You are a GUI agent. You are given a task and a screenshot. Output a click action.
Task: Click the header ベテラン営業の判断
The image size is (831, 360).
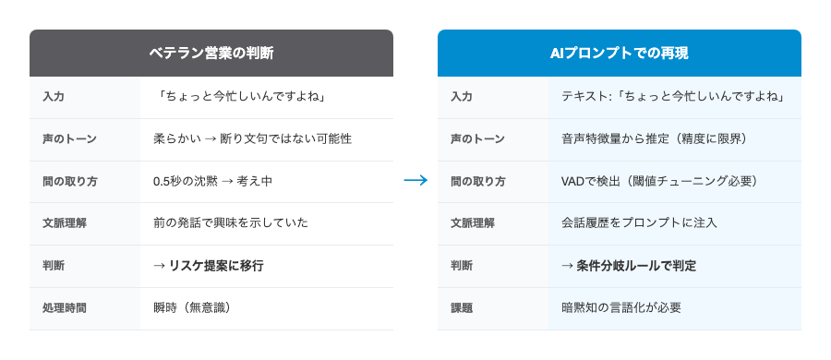pos(211,54)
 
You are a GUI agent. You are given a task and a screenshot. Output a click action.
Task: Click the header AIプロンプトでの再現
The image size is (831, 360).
pos(619,54)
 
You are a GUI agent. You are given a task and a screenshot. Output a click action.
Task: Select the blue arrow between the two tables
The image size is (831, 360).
pos(415,181)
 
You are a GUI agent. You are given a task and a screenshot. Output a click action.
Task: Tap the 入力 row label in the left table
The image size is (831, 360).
pos(54,97)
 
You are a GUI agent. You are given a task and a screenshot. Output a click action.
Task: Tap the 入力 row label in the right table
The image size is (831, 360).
pos(462,97)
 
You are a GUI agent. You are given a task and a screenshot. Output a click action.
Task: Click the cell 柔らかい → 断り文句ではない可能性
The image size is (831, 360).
pos(252,139)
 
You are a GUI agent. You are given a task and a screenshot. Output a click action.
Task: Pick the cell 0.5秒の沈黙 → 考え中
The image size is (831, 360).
pos(212,181)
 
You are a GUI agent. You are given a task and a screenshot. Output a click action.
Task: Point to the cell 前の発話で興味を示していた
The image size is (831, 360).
pos(230,223)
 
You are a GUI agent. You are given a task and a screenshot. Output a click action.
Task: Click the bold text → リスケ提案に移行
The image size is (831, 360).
pos(209,266)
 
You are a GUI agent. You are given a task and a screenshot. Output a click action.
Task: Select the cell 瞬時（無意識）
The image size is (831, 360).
pos(191,307)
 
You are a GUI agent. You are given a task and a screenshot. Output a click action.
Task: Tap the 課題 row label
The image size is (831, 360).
pos(462,307)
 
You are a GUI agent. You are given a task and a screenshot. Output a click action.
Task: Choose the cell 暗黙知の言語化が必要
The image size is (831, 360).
pos(621,307)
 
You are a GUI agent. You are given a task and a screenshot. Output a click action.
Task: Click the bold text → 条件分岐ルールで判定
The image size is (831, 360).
pos(629,266)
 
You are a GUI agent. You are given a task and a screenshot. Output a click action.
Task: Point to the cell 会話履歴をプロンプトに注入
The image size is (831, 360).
pos(639,223)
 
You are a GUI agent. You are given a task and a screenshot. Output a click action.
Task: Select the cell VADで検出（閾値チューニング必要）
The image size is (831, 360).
pos(659,181)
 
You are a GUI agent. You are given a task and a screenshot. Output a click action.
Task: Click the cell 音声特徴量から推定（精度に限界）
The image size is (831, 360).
pos(654,139)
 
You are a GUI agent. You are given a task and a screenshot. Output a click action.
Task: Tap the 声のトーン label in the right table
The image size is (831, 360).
pos(477,139)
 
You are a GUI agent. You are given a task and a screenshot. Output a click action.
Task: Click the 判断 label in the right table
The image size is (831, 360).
pos(462,266)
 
